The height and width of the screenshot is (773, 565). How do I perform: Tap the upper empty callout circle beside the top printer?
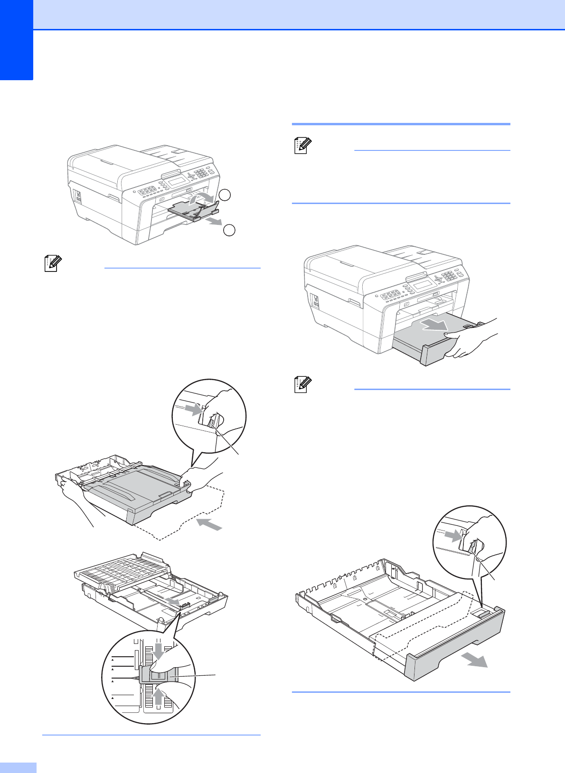pyautogui.click(x=225, y=195)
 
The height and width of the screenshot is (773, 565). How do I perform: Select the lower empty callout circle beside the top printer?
pyautogui.click(x=229, y=230)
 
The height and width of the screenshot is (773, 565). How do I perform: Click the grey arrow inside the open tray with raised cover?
pyautogui.click(x=174, y=601)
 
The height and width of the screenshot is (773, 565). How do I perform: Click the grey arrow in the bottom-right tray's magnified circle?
pyautogui.click(x=454, y=536)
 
